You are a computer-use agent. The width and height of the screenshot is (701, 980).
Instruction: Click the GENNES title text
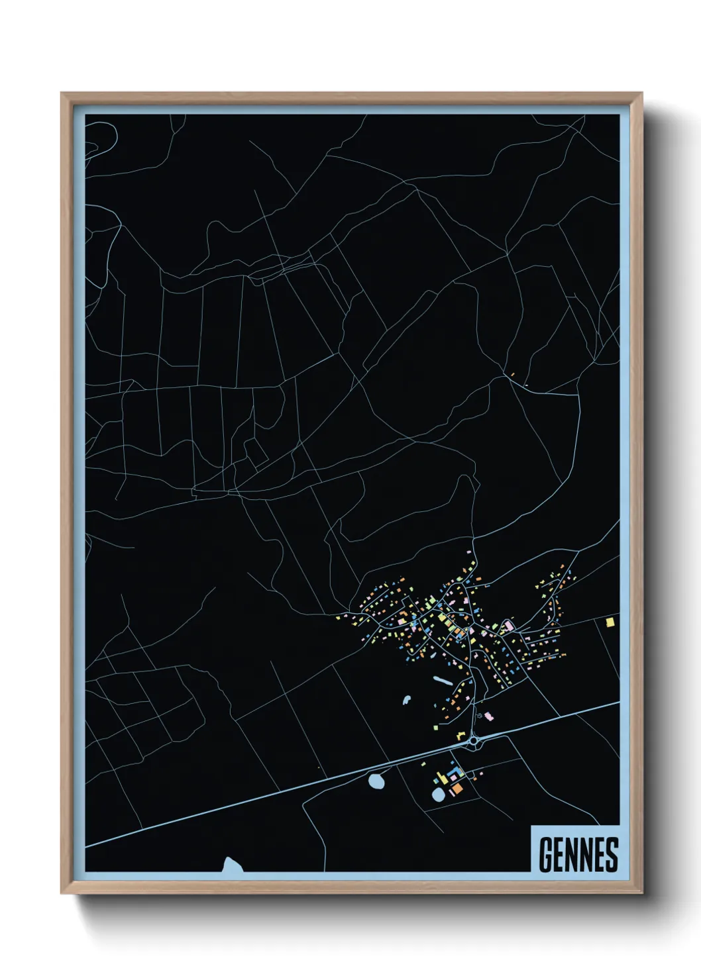[x=578, y=855]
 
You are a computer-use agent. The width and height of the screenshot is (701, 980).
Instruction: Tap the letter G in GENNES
[x=546, y=855]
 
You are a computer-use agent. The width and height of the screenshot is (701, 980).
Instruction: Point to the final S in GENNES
[x=612, y=855]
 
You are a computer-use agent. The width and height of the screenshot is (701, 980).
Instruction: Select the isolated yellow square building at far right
[x=610, y=622]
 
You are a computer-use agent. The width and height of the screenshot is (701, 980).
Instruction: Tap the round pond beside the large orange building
[x=438, y=794]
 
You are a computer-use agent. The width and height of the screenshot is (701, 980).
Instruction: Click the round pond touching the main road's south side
[x=376, y=781]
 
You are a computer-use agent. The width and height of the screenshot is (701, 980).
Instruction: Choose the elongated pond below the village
[x=442, y=680]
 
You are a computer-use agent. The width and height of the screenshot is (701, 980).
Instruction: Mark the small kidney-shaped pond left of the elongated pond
[x=406, y=699]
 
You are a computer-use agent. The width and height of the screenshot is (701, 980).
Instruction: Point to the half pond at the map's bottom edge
[x=231, y=865]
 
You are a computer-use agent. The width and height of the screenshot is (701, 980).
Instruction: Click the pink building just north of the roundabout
[x=489, y=716]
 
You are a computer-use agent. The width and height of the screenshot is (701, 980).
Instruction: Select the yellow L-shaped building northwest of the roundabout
[x=460, y=735]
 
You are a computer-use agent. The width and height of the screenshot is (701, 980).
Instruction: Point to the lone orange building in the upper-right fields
[x=512, y=375]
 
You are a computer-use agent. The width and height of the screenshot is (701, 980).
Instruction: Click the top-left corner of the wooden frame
[x=63, y=95]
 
